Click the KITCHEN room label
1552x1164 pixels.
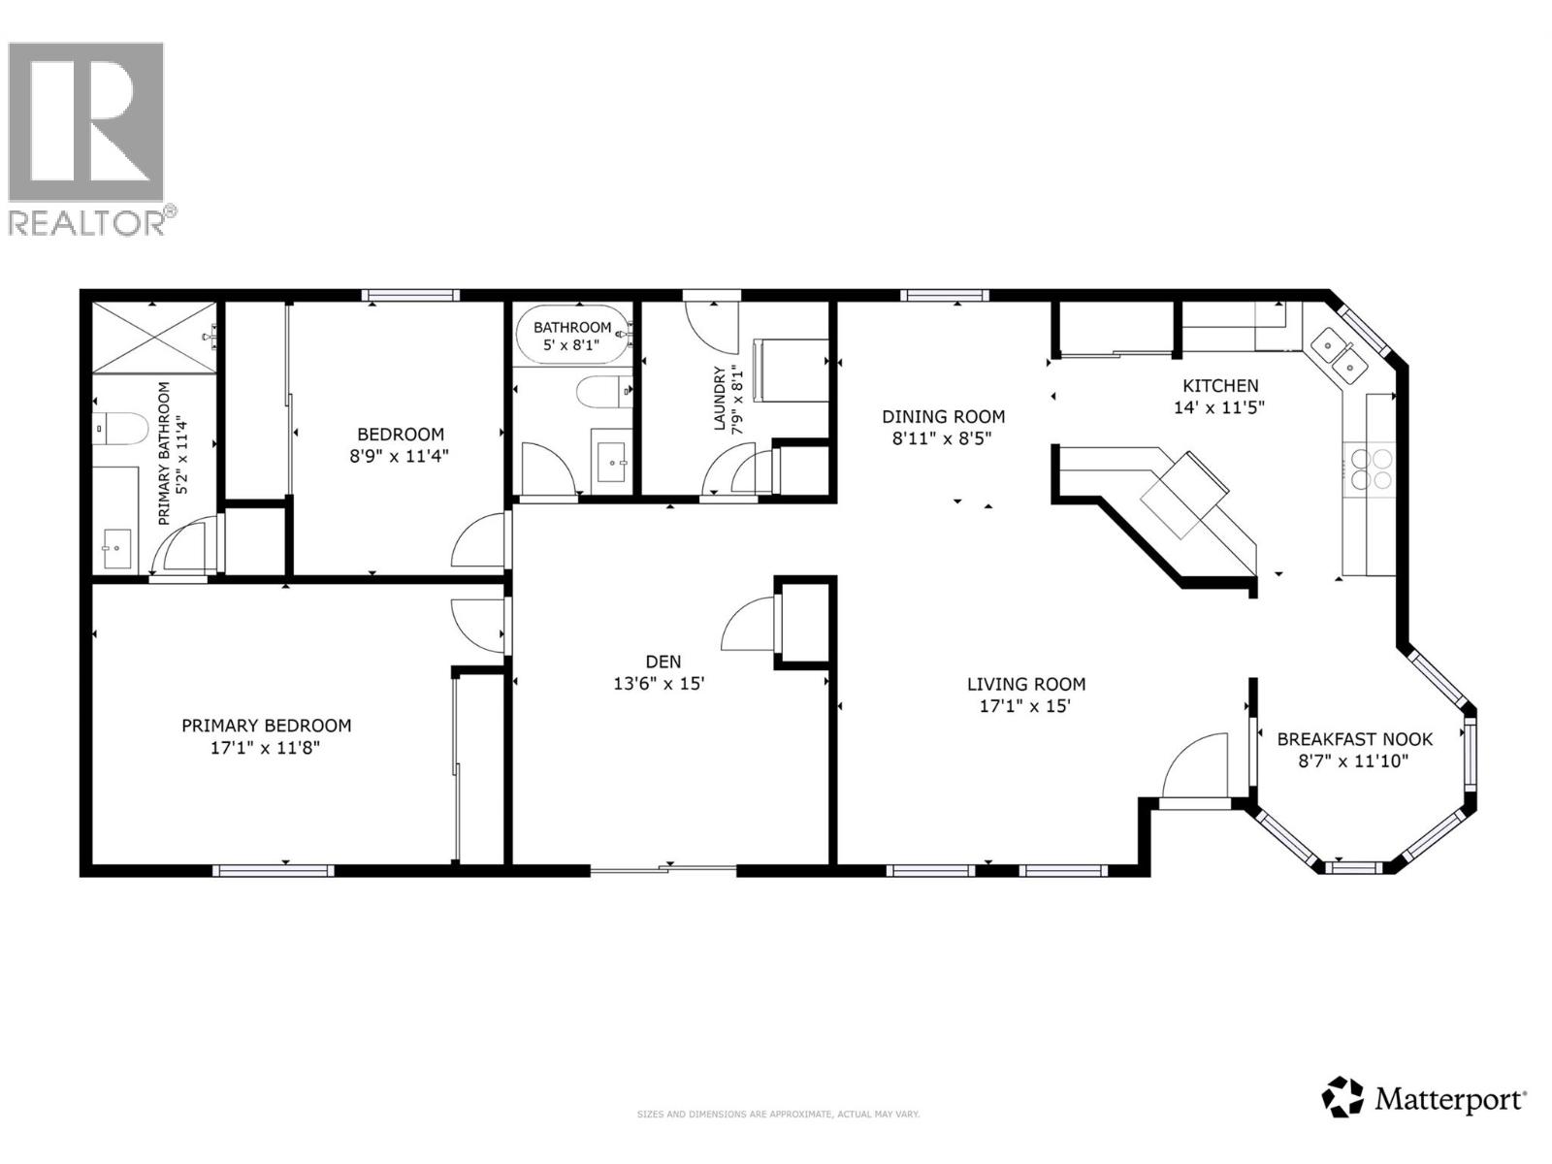point(1220,386)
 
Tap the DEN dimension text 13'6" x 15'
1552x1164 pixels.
point(658,684)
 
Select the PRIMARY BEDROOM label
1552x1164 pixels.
point(266,726)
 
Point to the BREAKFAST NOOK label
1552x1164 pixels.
point(1354,739)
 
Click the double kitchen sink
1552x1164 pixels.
point(1339,354)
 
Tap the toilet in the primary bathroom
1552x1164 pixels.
point(119,428)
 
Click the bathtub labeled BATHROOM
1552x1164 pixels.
point(572,336)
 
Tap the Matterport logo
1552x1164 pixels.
point(1424,1098)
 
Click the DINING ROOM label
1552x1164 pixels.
point(943,417)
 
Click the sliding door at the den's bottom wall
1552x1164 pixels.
point(664,870)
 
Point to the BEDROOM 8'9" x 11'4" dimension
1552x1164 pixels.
point(400,456)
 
